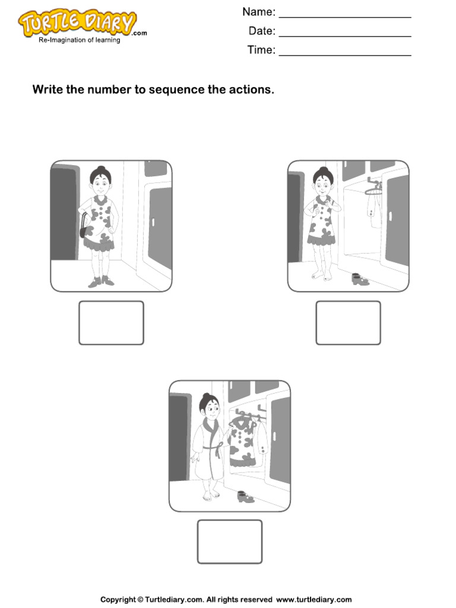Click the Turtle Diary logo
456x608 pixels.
click(77, 24)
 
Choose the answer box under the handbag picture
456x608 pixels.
click(111, 322)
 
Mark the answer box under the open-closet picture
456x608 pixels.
click(348, 322)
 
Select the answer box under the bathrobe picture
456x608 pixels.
click(229, 541)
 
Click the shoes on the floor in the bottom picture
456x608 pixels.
click(243, 496)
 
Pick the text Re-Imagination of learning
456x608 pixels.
click(79, 40)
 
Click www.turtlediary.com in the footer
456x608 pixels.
click(313, 599)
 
